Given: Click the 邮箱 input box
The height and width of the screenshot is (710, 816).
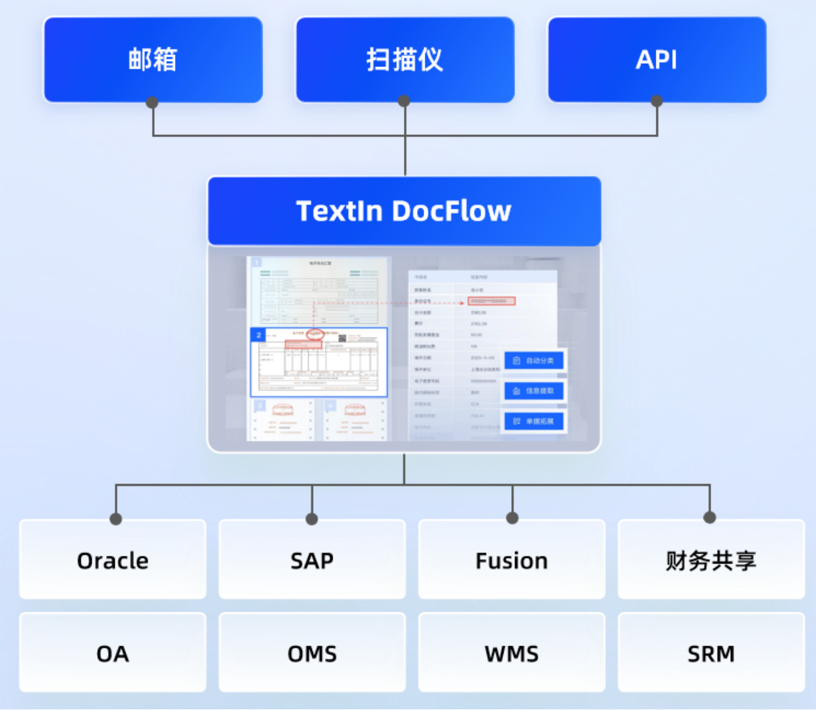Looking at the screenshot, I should (x=153, y=60).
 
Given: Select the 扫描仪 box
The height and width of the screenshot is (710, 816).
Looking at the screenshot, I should (x=405, y=60).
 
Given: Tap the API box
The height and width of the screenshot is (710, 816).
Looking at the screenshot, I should (x=656, y=60).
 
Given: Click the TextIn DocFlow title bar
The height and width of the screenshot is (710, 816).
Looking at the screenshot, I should (x=404, y=211).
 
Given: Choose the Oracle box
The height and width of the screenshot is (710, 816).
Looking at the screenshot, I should (x=112, y=560).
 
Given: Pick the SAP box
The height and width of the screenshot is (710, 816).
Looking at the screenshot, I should (x=312, y=560).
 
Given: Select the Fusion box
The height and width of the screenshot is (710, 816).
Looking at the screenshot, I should (x=511, y=560).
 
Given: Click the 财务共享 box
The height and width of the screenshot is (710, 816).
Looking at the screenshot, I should (x=711, y=560).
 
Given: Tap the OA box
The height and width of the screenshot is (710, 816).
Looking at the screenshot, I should (x=112, y=653).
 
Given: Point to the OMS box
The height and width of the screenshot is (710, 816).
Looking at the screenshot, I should (x=312, y=653).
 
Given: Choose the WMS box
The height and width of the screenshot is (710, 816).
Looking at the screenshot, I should (x=511, y=653).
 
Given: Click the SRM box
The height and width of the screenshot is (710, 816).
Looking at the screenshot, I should (x=711, y=653).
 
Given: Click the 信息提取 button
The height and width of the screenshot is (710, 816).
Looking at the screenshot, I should (x=534, y=391).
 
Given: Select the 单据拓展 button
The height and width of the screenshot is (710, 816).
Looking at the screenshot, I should (x=534, y=421).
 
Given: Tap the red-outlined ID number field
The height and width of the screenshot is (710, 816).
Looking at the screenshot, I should (x=492, y=301).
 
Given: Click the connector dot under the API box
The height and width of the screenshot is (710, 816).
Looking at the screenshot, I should (x=656, y=101).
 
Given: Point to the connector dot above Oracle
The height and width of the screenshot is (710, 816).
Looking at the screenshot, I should (x=115, y=519).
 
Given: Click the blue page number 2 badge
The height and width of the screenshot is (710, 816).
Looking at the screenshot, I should (x=259, y=335).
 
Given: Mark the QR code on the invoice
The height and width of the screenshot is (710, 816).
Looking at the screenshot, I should (x=343, y=338).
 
